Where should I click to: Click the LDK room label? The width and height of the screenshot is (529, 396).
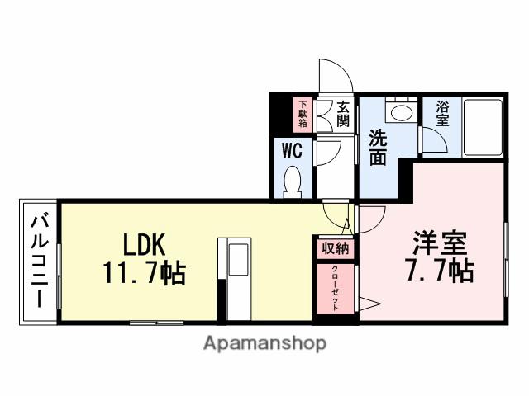click(145, 244)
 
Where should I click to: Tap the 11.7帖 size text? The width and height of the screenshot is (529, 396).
click(145, 271)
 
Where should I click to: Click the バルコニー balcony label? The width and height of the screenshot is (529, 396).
click(39, 262)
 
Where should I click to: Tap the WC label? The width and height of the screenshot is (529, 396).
click(291, 150)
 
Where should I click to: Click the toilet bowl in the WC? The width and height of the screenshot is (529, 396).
click(293, 181)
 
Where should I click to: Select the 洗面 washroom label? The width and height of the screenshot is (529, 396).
click(378, 147)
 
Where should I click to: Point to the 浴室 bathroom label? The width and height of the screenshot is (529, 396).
click(442, 112)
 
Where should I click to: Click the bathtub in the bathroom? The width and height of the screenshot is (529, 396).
click(483, 128)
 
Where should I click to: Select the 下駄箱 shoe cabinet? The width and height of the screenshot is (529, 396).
click(303, 115)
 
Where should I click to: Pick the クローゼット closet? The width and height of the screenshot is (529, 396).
click(334, 286)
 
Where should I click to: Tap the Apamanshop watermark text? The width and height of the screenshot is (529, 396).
click(264, 343)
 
